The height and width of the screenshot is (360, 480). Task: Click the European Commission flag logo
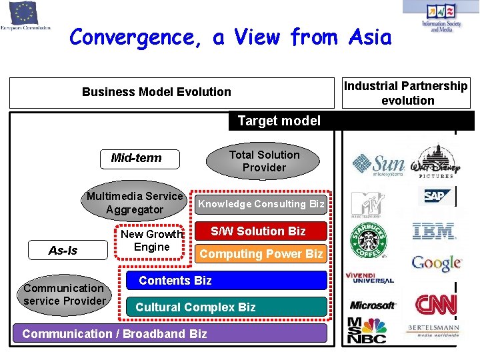pos(25,13)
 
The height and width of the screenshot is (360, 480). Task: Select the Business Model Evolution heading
pos(157,92)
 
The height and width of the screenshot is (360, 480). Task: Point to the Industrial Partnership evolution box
pos(406,93)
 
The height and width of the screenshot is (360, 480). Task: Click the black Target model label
pos(279,121)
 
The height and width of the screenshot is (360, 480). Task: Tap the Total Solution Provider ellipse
pos(264,161)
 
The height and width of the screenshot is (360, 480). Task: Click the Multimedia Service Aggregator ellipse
pos(134,203)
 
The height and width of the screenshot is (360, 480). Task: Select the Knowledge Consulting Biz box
pos(261,204)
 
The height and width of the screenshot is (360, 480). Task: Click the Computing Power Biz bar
pos(261,253)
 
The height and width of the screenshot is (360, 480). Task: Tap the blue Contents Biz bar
pos(227,281)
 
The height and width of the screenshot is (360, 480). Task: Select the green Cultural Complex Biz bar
pos(227,307)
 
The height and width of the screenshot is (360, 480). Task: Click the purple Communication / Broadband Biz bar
pos(170,333)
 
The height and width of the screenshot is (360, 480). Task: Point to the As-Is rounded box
pos(63,251)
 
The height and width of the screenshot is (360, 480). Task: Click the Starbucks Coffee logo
pos(368,241)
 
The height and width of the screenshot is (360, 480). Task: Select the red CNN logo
pos(436,305)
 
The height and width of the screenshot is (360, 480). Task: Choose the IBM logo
pos(433,231)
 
